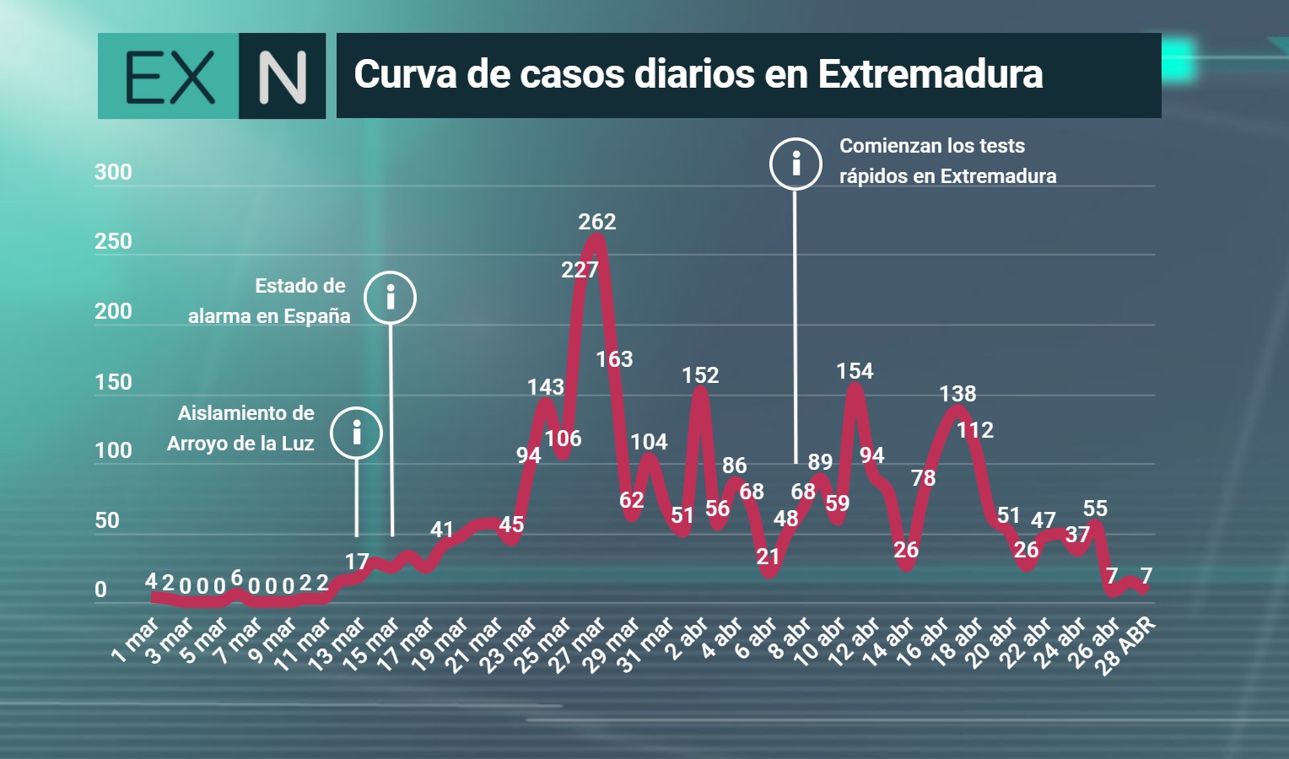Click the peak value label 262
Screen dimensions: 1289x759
pyautogui.click(x=596, y=222)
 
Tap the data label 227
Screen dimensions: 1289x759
pyautogui.click(x=580, y=269)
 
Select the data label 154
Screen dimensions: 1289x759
pyautogui.click(x=855, y=371)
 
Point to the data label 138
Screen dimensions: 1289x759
pyautogui.click(x=957, y=394)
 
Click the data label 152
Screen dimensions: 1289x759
pyautogui.click(x=700, y=375)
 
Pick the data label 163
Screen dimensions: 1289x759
pyautogui.click(x=614, y=359)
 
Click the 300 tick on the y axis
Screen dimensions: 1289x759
pyautogui.click(x=113, y=172)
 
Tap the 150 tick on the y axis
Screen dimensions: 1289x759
pyautogui.click(x=113, y=382)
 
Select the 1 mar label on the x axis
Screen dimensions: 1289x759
pyautogui.click(x=135, y=639)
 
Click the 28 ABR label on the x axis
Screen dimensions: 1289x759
pyautogui.click(x=1125, y=645)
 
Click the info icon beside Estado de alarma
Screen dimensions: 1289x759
pyautogui.click(x=390, y=298)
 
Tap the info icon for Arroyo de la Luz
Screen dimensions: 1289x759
pyautogui.click(x=356, y=433)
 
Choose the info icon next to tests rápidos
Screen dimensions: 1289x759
pyautogui.click(x=796, y=164)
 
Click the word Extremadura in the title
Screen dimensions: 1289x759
pyautogui.click(x=930, y=74)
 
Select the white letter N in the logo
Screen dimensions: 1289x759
pyautogui.click(x=282, y=78)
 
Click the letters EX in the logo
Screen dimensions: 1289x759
pyautogui.click(x=170, y=77)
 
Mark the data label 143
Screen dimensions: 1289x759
pyautogui.click(x=546, y=387)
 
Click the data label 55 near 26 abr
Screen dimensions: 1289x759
pyautogui.click(x=1094, y=509)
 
